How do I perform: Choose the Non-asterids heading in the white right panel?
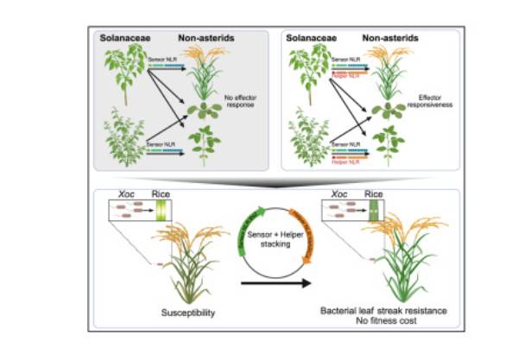(x=387, y=38)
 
